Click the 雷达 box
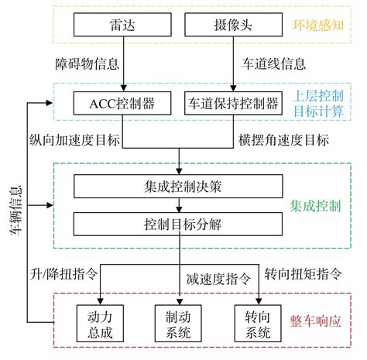point(122,25)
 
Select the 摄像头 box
point(233,25)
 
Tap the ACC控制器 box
point(122,103)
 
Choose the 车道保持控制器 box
point(233,103)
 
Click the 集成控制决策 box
point(178,187)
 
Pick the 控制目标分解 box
point(178,224)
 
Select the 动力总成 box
point(100,324)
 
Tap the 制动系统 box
point(178,324)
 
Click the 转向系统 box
point(258,324)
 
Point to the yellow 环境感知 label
point(318,26)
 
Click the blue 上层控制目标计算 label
point(319,104)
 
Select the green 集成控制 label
point(315,206)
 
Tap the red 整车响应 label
point(315,321)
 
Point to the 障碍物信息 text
point(87,63)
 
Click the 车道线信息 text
point(274,63)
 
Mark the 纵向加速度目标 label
point(74,140)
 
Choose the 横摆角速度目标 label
point(283,140)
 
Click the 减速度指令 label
point(218,279)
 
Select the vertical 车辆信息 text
point(16,211)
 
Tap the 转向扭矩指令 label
point(303,274)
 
